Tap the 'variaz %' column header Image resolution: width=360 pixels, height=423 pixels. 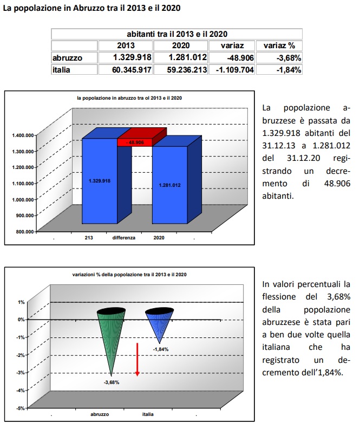coord(279,45)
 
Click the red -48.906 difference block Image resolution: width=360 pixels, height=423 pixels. coord(135,142)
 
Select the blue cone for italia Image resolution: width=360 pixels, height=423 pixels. coord(159,324)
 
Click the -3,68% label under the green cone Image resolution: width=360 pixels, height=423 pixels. coord(112,382)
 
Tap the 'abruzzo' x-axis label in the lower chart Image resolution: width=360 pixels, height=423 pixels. coord(100,414)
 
